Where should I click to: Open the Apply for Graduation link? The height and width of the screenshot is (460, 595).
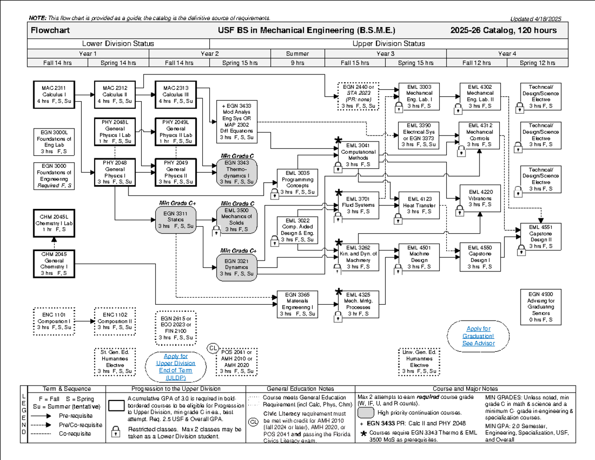point(478,336)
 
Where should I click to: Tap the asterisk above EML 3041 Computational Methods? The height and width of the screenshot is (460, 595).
point(339,140)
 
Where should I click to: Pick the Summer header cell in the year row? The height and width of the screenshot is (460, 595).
point(297,54)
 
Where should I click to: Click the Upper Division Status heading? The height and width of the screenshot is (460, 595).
point(388,44)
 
